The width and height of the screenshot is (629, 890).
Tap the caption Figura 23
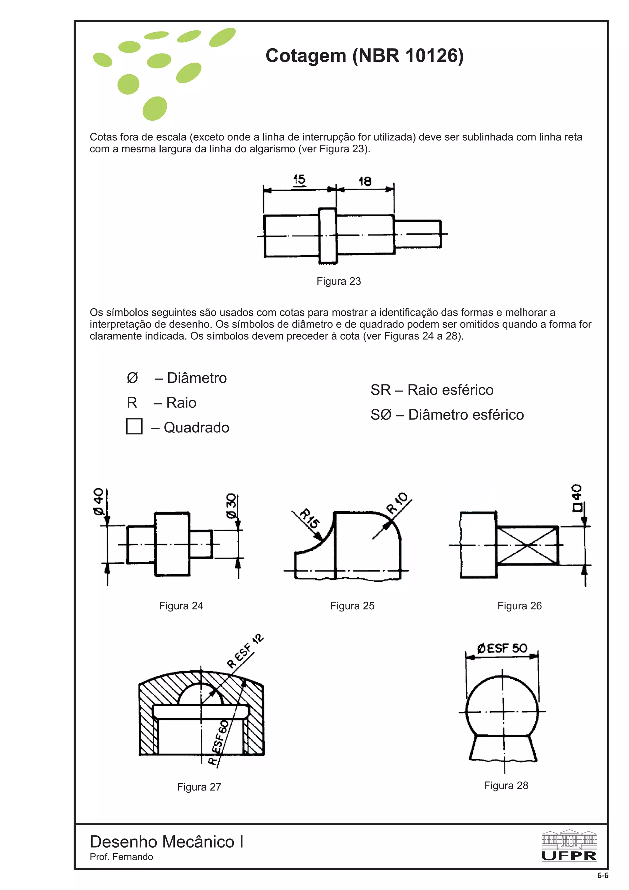point(338,281)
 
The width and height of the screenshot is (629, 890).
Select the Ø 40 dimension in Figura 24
point(99,501)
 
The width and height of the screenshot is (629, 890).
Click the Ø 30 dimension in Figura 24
point(231,506)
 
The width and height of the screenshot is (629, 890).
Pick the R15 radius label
point(310,519)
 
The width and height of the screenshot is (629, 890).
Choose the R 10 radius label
point(397,503)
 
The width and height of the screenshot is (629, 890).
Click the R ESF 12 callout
point(245,651)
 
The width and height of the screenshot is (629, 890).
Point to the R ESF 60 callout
point(219,742)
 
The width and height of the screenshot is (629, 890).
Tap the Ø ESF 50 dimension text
point(502,648)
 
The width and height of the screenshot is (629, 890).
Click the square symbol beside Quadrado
point(134,426)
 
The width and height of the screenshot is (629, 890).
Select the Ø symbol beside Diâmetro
point(132,377)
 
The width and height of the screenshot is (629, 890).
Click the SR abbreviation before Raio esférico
point(380,390)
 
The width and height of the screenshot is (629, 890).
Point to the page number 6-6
point(603,875)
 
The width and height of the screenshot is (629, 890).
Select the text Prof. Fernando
point(121,857)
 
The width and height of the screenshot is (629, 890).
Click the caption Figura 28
point(506,785)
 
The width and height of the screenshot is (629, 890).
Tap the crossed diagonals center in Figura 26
point(527,545)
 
